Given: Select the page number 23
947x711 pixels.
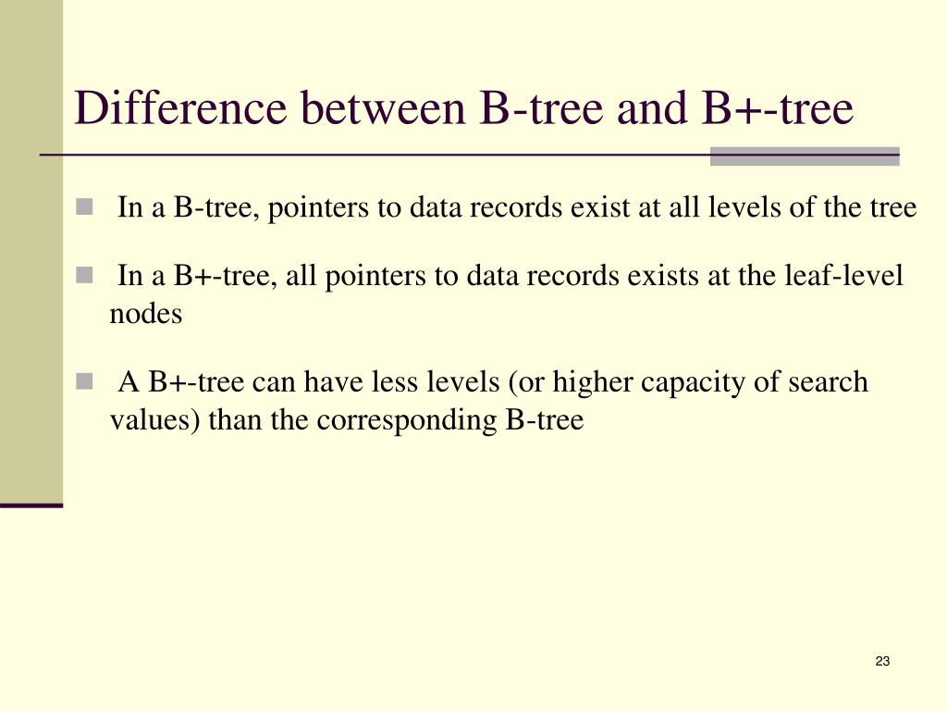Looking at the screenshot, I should (881, 661).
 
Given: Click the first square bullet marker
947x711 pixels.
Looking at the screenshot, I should (85, 207).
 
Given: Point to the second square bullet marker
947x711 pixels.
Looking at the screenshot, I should (85, 275).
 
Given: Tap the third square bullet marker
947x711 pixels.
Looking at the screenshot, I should (85, 381).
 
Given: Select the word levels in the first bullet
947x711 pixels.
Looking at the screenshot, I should (744, 208).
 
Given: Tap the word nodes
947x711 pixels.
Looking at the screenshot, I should (146, 314).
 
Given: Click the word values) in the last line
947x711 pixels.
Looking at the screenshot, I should (155, 420).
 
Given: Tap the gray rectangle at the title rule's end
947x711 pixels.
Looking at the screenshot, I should (805, 156).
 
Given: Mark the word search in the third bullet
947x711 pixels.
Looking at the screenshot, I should (828, 382).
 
